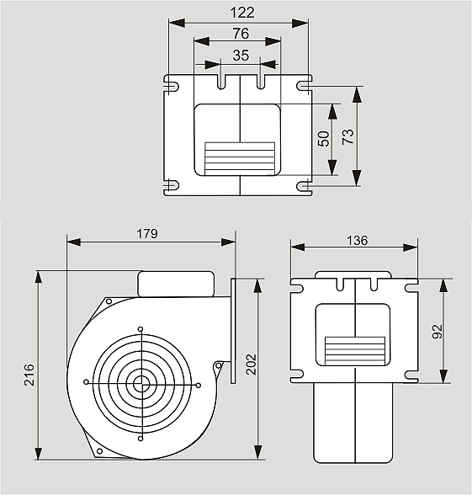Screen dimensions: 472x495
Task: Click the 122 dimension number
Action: (242, 13)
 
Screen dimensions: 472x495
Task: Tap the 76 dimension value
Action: (241, 34)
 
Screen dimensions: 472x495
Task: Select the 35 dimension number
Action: (241, 56)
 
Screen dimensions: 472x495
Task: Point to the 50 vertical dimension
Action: (323, 139)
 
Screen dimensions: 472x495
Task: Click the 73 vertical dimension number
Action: (348, 136)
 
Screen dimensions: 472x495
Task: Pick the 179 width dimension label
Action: (146, 234)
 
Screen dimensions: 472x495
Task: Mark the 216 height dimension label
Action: (29, 375)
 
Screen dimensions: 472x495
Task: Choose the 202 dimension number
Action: (251, 365)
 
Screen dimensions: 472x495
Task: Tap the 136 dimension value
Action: (357, 241)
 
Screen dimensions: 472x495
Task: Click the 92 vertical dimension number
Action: (438, 332)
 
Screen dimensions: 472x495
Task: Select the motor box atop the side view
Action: (176, 285)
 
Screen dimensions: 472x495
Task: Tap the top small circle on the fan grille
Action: (141, 329)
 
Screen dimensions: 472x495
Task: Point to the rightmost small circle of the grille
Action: (199, 386)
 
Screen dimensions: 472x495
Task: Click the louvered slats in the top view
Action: (240, 159)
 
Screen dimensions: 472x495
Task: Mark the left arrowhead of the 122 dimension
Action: (177, 23)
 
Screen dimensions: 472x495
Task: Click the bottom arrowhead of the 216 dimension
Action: (38, 453)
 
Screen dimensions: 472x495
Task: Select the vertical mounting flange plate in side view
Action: (233, 331)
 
